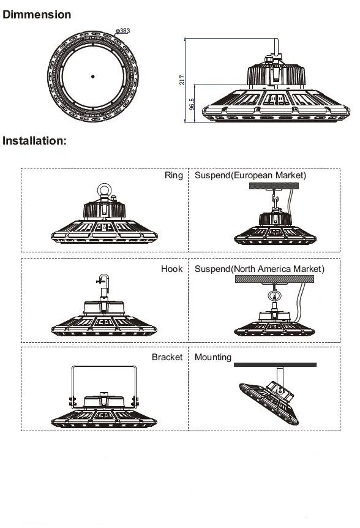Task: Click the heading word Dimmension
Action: point(37,14)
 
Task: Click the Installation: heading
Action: point(34,140)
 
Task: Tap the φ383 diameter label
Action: point(122,30)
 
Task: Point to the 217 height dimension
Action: point(182,80)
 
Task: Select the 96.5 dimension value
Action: point(192,104)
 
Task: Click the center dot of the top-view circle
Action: point(92,76)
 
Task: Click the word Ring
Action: point(173,175)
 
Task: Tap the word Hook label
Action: point(171,269)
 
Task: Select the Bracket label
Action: point(167,356)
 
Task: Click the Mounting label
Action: point(213,356)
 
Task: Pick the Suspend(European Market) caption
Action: point(250,175)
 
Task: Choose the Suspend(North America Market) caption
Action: point(260,269)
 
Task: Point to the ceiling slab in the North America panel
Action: point(275,279)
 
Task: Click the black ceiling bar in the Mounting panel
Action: point(275,364)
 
